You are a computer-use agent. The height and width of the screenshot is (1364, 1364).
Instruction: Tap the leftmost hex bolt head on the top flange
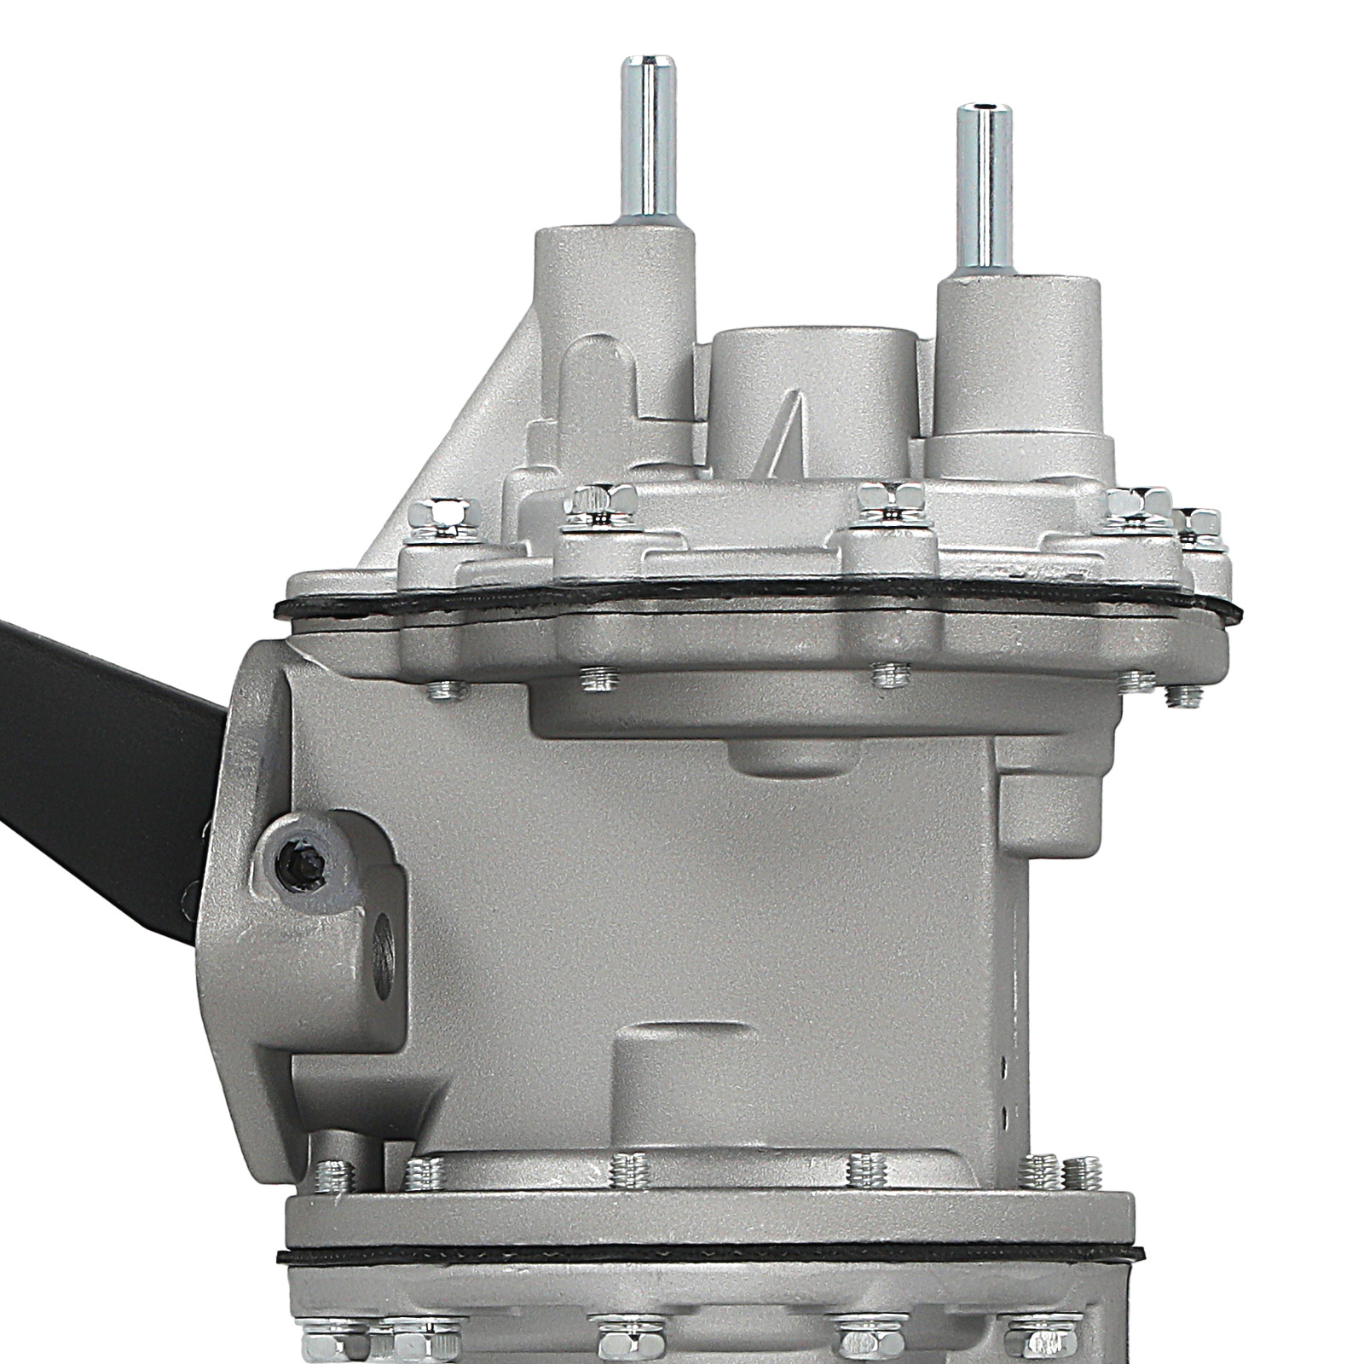coord(443,513)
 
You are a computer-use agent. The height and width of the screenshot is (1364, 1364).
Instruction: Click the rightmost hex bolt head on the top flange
coord(1200,522)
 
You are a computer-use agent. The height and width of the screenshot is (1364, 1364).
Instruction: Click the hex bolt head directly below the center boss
coord(890,498)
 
